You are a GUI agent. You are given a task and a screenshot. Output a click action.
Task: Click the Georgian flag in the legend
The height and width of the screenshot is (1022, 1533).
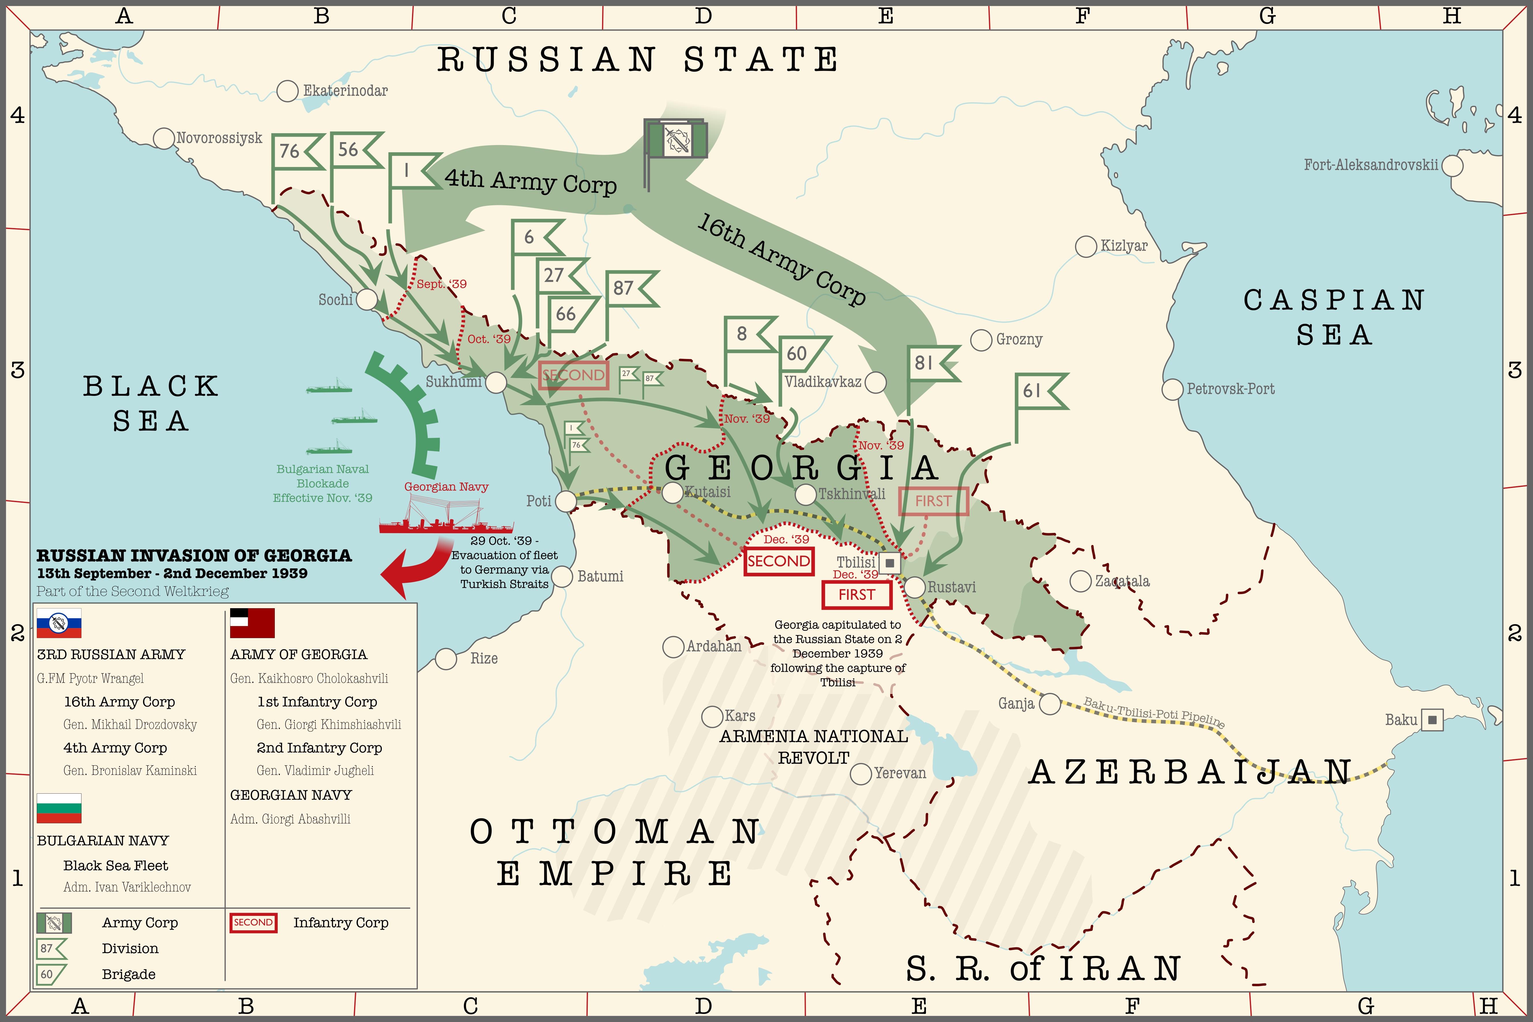click(x=252, y=623)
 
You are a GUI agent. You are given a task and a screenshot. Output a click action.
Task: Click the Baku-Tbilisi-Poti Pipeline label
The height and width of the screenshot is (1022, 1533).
click(x=1154, y=712)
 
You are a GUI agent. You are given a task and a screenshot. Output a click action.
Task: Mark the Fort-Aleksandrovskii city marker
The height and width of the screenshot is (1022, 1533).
click(x=1452, y=166)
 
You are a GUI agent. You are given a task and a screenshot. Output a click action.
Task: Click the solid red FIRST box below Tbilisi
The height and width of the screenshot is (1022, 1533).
click(x=856, y=595)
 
